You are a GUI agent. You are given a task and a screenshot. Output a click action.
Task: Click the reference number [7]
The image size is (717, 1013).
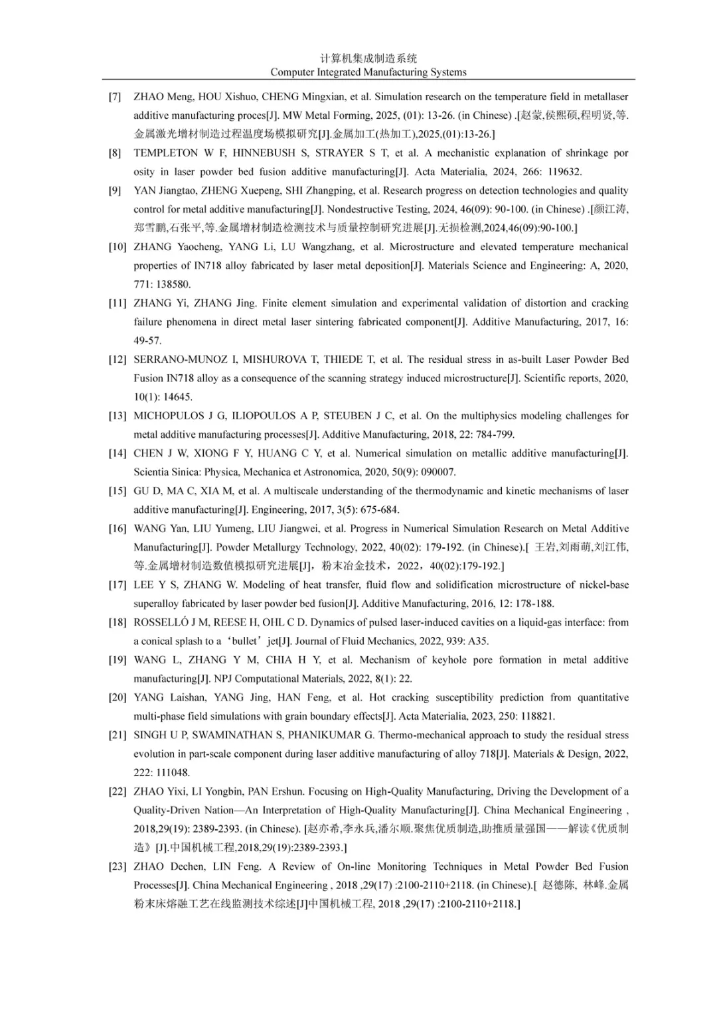point(115,97)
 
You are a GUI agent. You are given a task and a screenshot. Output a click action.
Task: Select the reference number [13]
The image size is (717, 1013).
point(118,416)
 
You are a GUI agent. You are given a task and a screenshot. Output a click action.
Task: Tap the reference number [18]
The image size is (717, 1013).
point(118,623)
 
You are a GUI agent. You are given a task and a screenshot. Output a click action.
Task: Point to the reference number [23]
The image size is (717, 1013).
point(118,867)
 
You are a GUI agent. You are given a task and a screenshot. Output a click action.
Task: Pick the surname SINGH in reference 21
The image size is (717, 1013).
point(149,736)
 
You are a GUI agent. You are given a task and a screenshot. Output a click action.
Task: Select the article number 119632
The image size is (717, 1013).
point(560,172)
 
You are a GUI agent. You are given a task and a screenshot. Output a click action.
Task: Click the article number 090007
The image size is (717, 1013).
point(436,472)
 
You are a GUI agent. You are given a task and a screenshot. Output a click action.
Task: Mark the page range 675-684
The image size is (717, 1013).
point(379,510)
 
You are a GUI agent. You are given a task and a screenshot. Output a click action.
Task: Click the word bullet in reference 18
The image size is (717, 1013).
point(244,642)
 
